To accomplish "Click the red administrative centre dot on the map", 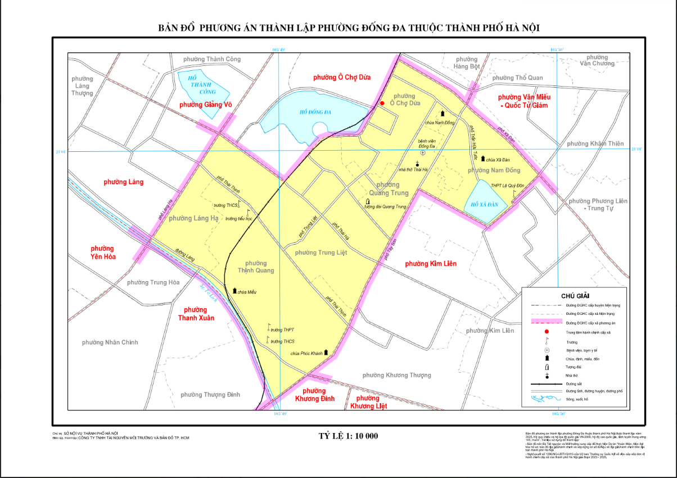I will point(382,103).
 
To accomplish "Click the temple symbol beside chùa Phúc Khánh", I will point(327,353).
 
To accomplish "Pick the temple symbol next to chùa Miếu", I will point(235,291).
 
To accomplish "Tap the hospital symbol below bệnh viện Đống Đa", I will point(423,152).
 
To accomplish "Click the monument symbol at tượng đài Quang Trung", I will point(368,201).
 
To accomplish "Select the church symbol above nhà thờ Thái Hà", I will point(417,163).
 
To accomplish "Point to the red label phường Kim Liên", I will point(431,263).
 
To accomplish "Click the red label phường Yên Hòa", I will point(102,254).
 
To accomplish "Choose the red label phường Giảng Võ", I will point(205,105).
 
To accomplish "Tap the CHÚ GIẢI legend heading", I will point(575,295).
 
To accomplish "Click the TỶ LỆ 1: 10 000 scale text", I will point(348,436).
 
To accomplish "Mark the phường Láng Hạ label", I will point(193,218).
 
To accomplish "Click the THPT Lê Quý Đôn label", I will point(507,186).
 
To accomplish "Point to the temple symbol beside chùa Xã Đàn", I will point(482,159).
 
